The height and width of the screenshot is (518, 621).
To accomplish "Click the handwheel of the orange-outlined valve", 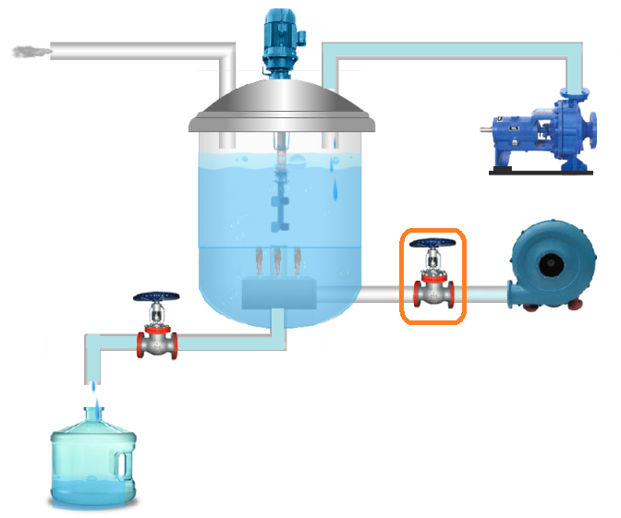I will [x=432, y=244].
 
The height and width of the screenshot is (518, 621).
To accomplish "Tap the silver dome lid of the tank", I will [x=283, y=106].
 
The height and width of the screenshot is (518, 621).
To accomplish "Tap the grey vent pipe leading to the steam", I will [x=139, y=49].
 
